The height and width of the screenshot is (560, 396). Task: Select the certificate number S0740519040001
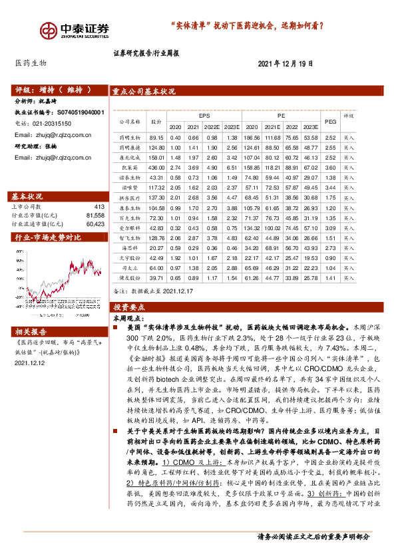[86, 113]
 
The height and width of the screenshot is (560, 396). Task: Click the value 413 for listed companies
[99, 207]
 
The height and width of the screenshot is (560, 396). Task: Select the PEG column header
[330, 120]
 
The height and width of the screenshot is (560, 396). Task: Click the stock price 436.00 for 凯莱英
[156, 169]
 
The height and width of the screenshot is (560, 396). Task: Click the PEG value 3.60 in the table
[330, 169]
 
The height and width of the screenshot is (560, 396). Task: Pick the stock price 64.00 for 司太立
[156, 267]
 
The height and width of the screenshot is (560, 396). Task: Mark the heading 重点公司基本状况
[144, 93]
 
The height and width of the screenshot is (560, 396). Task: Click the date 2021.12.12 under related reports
[29, 362]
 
